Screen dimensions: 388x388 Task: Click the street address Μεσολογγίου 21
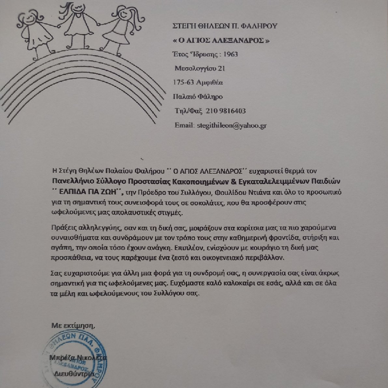199,69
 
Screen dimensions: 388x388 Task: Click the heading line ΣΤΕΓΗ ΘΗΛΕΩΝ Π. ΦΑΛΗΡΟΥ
224,26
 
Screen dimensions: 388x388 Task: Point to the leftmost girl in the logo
35,32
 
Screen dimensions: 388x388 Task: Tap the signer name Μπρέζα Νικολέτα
80,358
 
